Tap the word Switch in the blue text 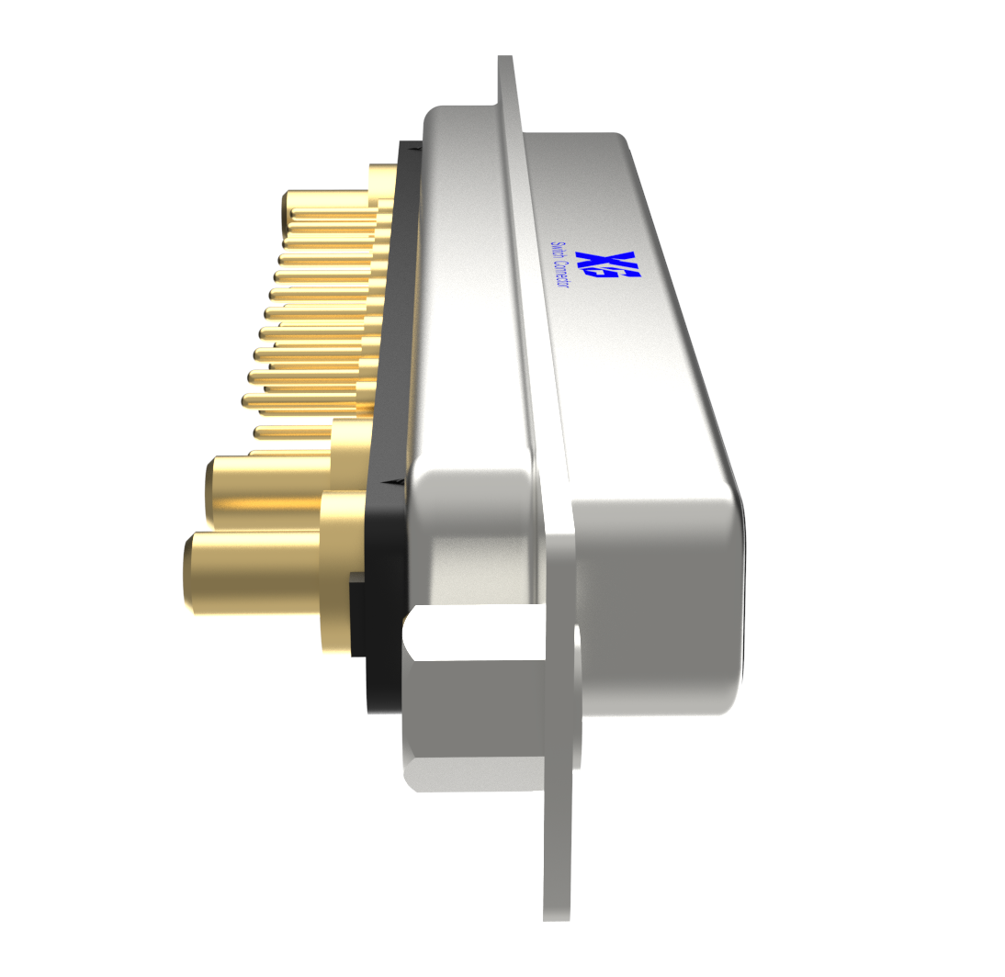[556, 252]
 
